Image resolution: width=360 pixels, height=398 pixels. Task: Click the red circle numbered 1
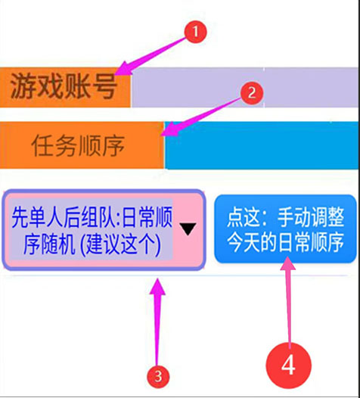point(195,32)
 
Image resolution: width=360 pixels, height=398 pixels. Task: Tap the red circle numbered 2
point(251,93)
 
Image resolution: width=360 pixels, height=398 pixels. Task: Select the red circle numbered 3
point(158,376)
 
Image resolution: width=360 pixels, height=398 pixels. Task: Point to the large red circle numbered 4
point(288,365)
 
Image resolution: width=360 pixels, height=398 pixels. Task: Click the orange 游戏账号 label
point(65,87)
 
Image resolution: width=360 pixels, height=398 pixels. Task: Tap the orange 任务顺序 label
point(82,145)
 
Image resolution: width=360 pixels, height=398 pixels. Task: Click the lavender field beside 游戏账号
point(245,87)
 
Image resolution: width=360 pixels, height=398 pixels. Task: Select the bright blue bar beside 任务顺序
point(262,145)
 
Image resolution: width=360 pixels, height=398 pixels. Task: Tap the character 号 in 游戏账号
point(104,86)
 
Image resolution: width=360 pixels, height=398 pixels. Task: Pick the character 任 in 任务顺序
point(42,145)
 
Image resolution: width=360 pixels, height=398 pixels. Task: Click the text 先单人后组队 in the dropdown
point(65,217)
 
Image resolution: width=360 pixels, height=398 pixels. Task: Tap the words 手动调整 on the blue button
point(311,216)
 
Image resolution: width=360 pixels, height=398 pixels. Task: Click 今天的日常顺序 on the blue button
point(286,242)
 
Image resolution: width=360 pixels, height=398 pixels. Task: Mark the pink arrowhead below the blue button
point(288,263)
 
